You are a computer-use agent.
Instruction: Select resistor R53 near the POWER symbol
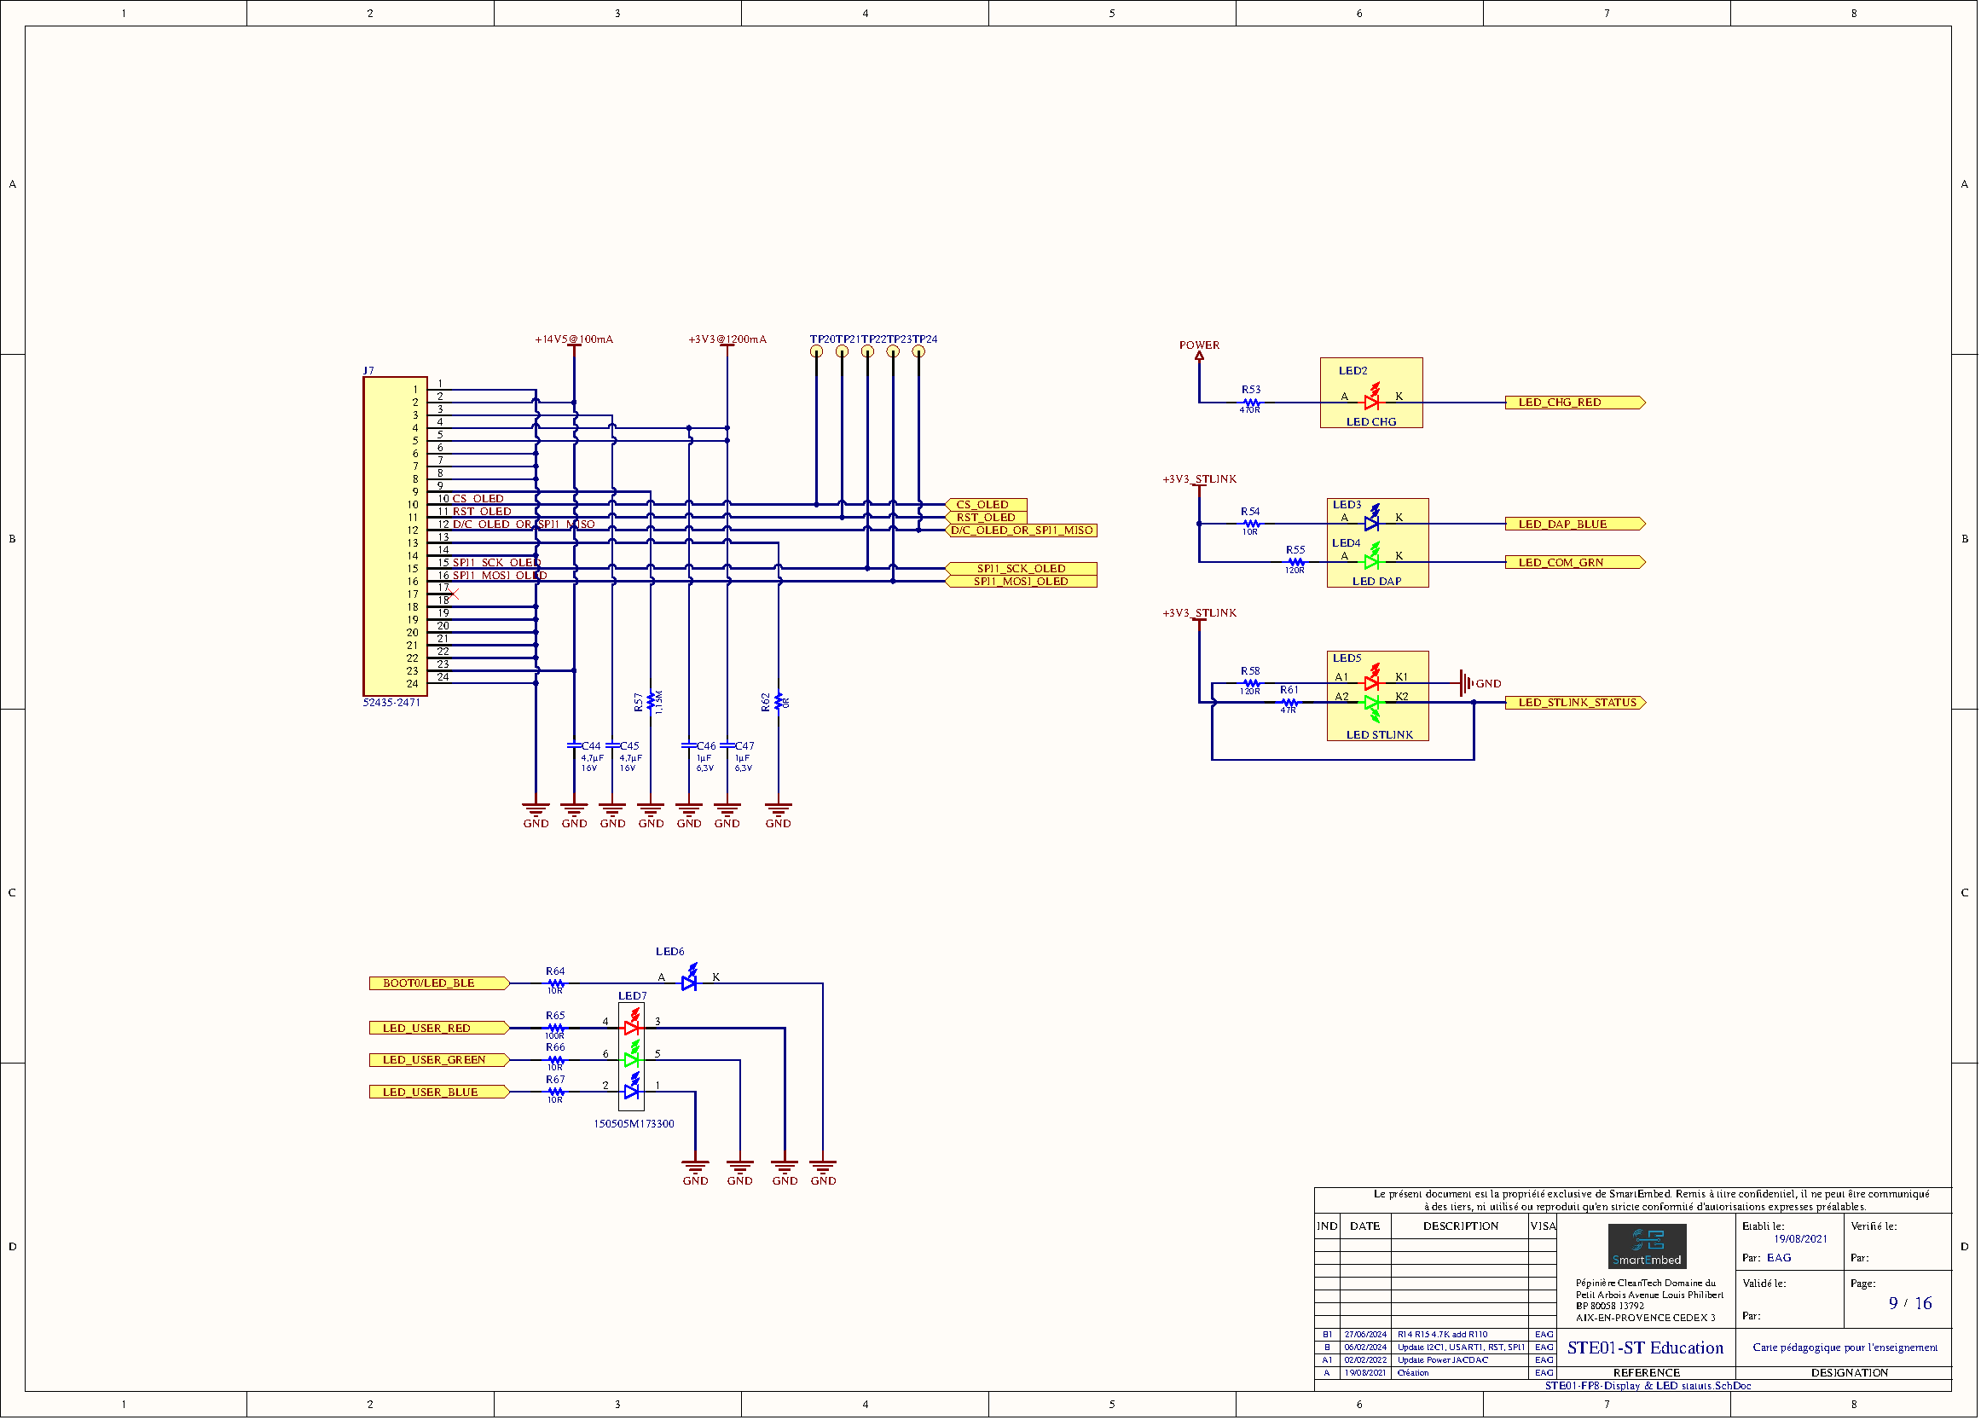(1251, 403)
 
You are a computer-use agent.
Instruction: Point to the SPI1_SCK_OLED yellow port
(1021, 569)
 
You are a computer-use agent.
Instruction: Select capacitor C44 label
(591, 745)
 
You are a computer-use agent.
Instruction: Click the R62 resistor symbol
(779, 701)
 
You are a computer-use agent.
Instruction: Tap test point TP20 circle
(816, 352)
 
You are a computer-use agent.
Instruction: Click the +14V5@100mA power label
(574, 339)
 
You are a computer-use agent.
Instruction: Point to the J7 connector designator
(368, 371)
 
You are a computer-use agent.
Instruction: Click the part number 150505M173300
(634, 1124)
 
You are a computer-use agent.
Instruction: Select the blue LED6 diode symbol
(688, 982)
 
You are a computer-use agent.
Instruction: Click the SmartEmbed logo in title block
(1647, 1246)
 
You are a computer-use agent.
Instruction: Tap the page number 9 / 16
(1909, 1303)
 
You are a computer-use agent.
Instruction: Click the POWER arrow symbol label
(1198, 345)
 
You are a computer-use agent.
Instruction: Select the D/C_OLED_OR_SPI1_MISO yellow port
(1021, 530)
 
